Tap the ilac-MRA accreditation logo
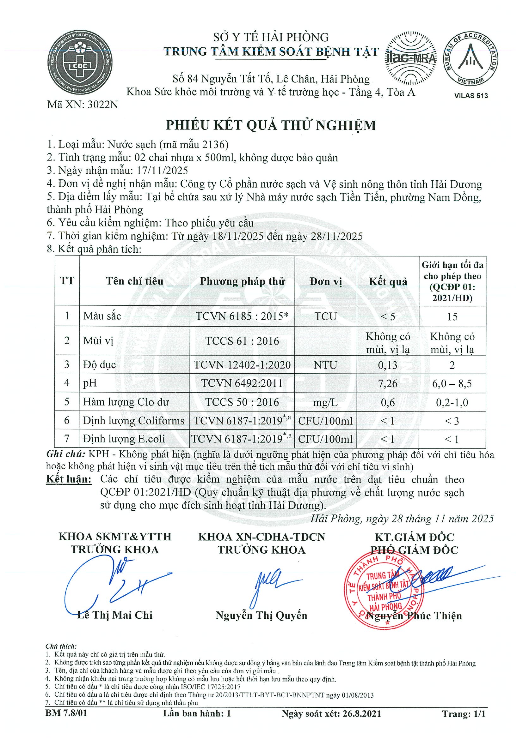pos(411,58)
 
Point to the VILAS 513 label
pos(471,96)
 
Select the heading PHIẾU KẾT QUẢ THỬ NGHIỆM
pos(271,125)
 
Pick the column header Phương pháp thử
pos(242,281)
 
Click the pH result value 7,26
pos(388,383)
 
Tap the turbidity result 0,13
pos(388,365)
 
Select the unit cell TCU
pos(325,316)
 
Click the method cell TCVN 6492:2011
pos(242,383)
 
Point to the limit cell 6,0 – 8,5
pos(452,383)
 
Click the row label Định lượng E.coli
pos(124,439)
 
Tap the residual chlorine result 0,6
pos(388,402)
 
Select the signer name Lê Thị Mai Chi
pos(115,615)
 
